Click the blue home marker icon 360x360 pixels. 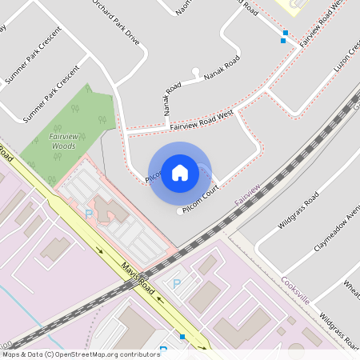coord(180,172)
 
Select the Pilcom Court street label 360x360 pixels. coord(201,204)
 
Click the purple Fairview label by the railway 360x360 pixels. coord(247,195)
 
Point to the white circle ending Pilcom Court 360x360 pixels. coord(179,212)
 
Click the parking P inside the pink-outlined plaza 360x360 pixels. coord(89,214)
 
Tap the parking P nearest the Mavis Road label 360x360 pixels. coord(177,283)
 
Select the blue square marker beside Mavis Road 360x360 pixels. coord(183,337)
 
